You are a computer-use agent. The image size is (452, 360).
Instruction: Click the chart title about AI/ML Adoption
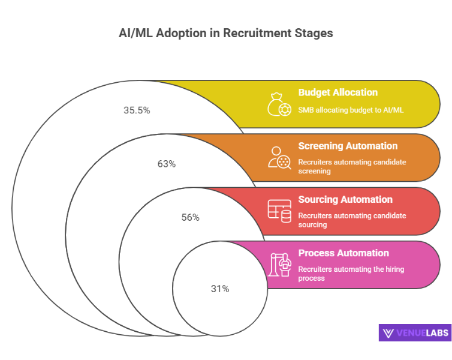click(x=226, y=34)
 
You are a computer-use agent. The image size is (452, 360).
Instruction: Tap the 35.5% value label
click(x=137, y=110)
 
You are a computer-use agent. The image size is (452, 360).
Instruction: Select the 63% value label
click(x=166, y=164)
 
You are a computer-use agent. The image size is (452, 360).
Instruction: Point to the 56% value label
click(x=190, y=217)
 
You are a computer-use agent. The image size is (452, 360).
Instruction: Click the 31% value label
click(x=219, y=289)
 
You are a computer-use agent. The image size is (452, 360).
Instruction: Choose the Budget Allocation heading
click(x=338, y=92)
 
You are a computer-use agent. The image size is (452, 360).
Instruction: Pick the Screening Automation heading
click(x=348, y=146)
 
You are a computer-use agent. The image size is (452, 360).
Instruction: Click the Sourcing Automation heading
click(x=345, y=199)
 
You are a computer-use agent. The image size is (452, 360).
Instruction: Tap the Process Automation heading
click(x=343, y=253)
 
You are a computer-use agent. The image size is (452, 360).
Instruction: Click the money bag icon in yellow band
click(x=279, y=104)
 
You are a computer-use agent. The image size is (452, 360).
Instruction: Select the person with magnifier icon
click(x=279, y=157)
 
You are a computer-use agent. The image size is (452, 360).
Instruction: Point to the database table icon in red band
click(x=279, y=211)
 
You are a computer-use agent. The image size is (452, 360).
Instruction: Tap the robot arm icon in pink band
click(x=279, y=264)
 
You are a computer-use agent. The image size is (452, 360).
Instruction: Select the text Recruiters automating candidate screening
click(x=351, y=166)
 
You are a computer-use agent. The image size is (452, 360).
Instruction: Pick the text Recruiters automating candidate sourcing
click(x=351, y=220)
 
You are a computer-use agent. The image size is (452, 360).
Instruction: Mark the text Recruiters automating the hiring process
click(x=351, y=274)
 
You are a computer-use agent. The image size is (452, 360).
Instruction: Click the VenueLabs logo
click(x=415, y=333)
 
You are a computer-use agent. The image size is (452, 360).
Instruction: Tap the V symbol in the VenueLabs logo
click(x=388, y=333)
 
